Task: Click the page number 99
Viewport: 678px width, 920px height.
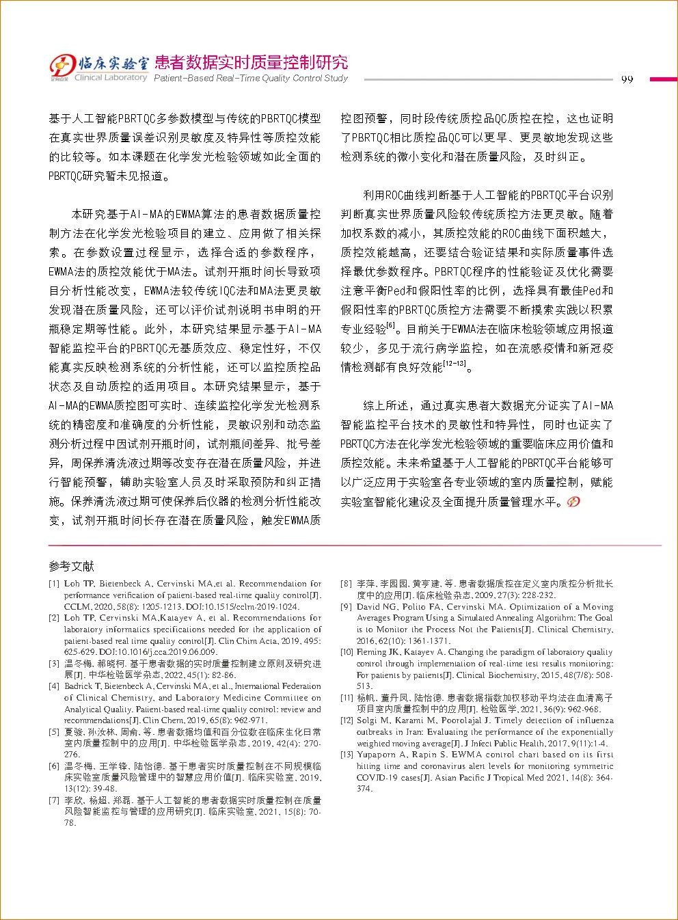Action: point(627,79)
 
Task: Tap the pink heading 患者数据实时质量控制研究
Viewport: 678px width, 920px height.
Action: point(251,62)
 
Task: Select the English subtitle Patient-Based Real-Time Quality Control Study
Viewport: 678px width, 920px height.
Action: point(251,79)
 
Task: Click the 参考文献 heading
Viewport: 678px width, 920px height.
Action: point(71,567)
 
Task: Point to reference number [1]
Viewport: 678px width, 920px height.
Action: point(54,584)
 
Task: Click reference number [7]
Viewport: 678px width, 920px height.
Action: point(54,800)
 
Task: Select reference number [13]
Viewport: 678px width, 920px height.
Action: point(347,755)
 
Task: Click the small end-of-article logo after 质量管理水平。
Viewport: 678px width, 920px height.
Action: point(573,502)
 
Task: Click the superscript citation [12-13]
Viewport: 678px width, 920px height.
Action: point(455,363)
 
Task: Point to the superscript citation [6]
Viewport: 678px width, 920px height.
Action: point(391,325)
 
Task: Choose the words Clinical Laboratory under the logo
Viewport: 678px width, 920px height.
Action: point(113,78)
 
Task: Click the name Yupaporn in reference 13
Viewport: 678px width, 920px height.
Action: point(377,755)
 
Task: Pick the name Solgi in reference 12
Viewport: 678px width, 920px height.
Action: point(368,720)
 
